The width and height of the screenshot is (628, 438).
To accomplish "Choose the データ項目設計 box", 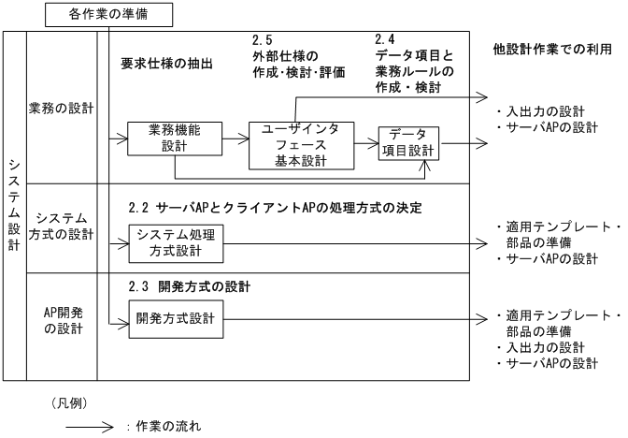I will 407,144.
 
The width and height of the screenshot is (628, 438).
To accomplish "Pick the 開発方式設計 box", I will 175,318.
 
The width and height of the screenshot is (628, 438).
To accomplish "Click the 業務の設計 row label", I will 61,109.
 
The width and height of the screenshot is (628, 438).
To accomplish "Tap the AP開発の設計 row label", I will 61,319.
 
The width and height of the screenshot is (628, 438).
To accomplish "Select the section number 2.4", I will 384,39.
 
